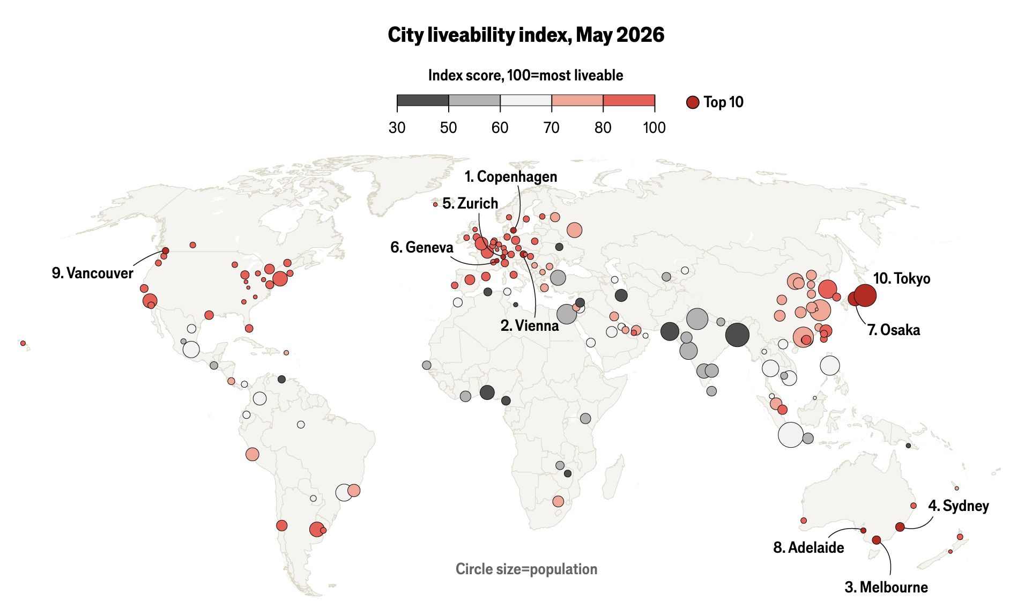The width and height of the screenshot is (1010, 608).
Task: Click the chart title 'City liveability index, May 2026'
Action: tap(526, 35)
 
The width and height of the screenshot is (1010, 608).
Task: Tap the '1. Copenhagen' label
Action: tap(511, 176)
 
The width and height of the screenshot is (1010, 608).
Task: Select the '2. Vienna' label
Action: tap(530, 325)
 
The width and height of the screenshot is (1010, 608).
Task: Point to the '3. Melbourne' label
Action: tap(886, 587)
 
